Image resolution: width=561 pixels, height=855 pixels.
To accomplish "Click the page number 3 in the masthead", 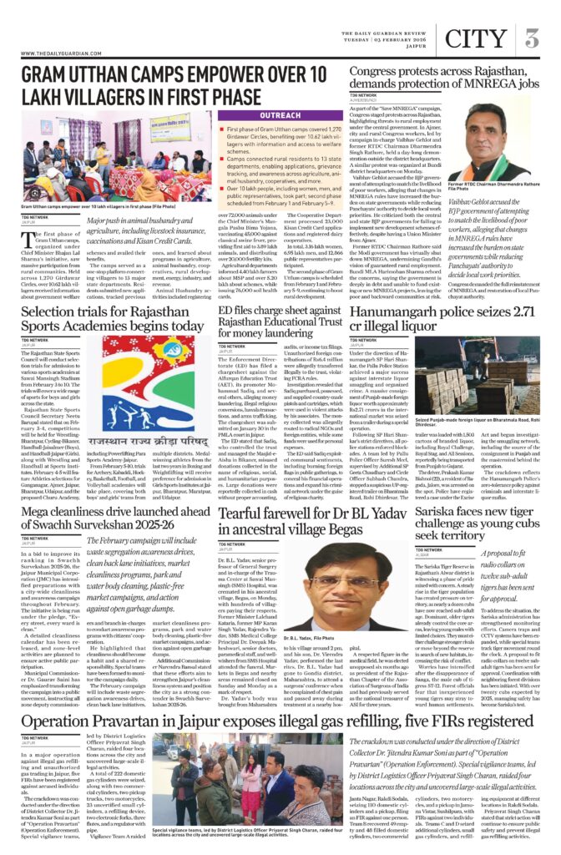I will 532,38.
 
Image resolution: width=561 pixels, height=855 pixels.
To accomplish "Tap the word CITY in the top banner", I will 477,38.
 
